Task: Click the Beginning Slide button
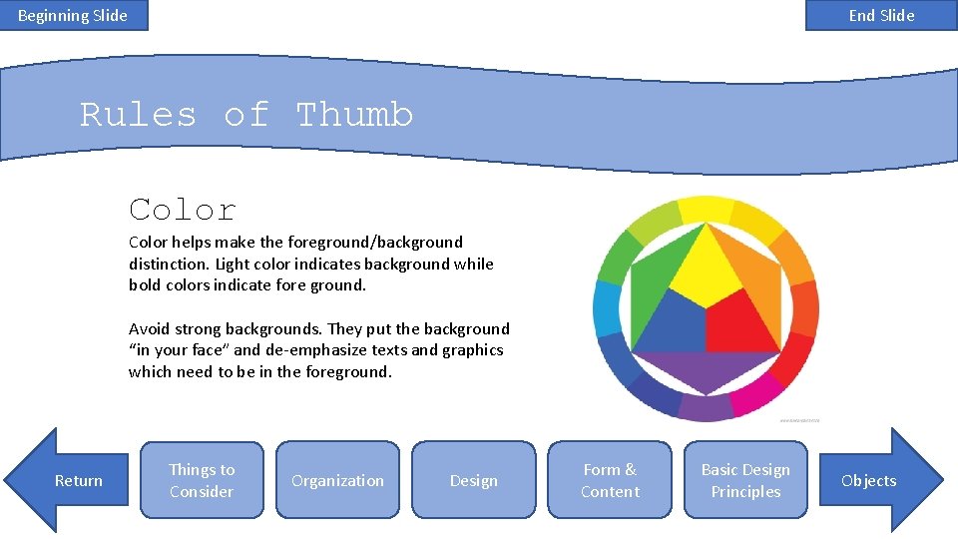tap(73, 15)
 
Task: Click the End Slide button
tap(881, 15)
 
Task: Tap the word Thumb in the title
tap(354, 115)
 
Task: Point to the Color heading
tap(183, 210)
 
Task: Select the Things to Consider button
tap(202, 480)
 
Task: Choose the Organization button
tap(337, 480)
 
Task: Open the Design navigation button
tap(473, 480)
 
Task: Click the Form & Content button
tap(610, 480)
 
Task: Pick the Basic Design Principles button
tap(745, 480)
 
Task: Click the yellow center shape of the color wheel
tap(707, 268)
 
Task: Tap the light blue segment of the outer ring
tap(608, 308)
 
